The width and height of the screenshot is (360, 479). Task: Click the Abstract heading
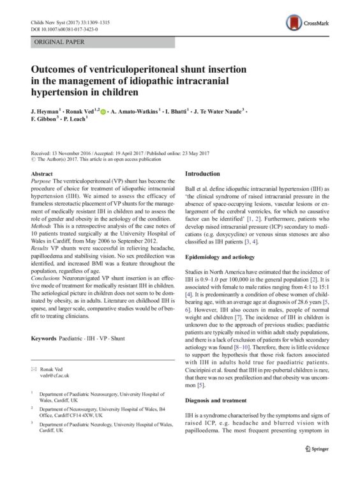pos(41,174)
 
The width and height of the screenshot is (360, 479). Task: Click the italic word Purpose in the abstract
pos(41,183)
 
